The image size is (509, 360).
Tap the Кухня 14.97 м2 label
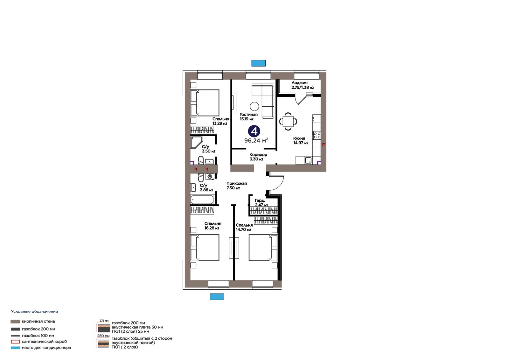pos(301,141)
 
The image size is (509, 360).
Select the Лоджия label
pos(299,83)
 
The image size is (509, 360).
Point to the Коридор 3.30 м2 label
pos(258,157)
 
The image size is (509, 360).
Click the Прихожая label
pos(237,183)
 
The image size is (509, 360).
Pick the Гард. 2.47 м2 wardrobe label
pos(261,203)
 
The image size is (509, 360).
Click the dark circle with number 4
pos(254,131)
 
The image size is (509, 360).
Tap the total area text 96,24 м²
pos(256,141)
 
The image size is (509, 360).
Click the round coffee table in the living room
pos(254,106)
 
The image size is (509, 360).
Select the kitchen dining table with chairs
pos(288,122)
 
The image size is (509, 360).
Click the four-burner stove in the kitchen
pos(317,135)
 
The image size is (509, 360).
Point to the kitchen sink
pos(308,160)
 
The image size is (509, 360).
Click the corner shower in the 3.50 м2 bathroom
pos(196,142)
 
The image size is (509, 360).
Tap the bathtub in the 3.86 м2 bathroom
pos(202,200)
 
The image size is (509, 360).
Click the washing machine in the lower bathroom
pos(210,176)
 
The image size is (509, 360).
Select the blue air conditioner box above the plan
pos(258,63)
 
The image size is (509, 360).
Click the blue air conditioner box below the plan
pos(217,297)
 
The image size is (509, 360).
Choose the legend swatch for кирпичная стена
pos(15,321)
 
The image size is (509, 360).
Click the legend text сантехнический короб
pos(44,342)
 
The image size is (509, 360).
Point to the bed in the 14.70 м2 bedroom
pos(263,248)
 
